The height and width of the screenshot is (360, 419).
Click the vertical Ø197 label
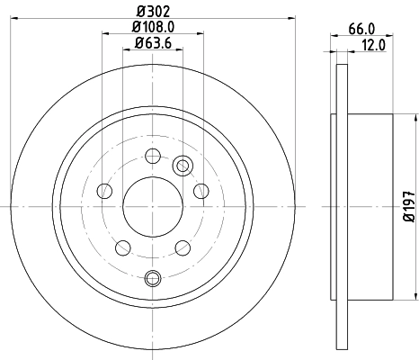pos(409,205)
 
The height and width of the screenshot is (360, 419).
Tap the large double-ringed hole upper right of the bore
pos(183,165)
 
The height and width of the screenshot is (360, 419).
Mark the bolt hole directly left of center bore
pos(105,190)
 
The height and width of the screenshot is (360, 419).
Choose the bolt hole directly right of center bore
pos(201,190)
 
